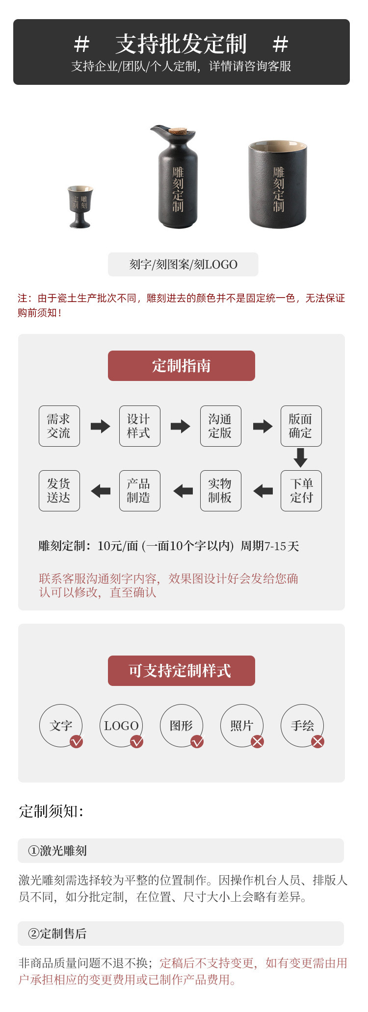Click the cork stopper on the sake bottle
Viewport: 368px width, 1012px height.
(178, 131)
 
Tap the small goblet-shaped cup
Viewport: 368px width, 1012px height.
(80, 206)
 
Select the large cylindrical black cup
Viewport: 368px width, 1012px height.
(278, 184)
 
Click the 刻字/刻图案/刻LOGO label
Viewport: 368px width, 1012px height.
(183, 265)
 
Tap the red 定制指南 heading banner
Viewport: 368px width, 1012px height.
(182, 366)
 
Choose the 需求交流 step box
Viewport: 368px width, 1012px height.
(59, 426)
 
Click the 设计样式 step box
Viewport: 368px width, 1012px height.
(140, 426)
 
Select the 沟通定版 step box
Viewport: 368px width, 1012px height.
(221, 426)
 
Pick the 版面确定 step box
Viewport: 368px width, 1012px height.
(301, 426)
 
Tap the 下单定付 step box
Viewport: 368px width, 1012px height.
(301, 491)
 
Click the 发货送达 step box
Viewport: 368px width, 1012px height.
(59, 491)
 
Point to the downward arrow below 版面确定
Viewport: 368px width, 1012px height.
(300, 457)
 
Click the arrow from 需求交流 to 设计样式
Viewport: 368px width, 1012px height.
(101, 426)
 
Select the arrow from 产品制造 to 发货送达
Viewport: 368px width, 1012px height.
(101, 491)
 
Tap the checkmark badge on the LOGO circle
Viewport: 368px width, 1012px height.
(137, 742)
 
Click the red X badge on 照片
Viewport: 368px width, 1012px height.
(258, 742)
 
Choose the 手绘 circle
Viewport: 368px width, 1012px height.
(302, 726)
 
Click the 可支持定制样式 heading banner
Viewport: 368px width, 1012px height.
(182, 671)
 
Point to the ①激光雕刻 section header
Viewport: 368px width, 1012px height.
(181, 851)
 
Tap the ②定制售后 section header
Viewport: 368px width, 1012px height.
(181, 934)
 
